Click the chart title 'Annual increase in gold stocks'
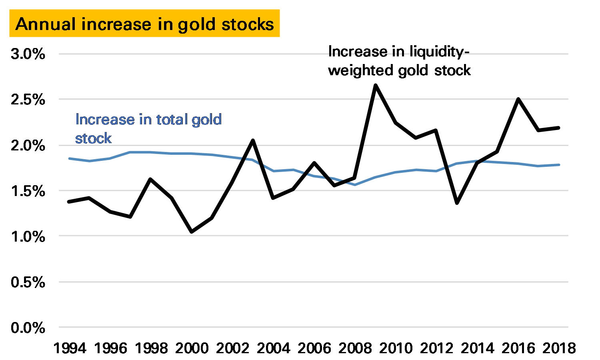click(144, 24)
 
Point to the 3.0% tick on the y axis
click(28, 54)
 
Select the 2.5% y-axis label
click(28, 100)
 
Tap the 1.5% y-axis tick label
click(28, 191)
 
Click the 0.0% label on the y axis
click(28, 328)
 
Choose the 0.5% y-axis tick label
click(28, 282)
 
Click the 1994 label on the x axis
click(70, 348)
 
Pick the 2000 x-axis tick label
click(192, 348)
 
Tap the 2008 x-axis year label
click(355, 348)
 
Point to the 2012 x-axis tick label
click(436, 348)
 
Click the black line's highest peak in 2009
click(375, 85)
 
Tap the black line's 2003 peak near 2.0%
click(253, 140)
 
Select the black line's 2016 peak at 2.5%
click(518, 99)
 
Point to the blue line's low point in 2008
click(355, 185)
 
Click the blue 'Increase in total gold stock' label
click(148, 128)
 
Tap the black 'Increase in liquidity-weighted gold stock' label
click(399, 61)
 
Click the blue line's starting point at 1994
click(70, 158)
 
